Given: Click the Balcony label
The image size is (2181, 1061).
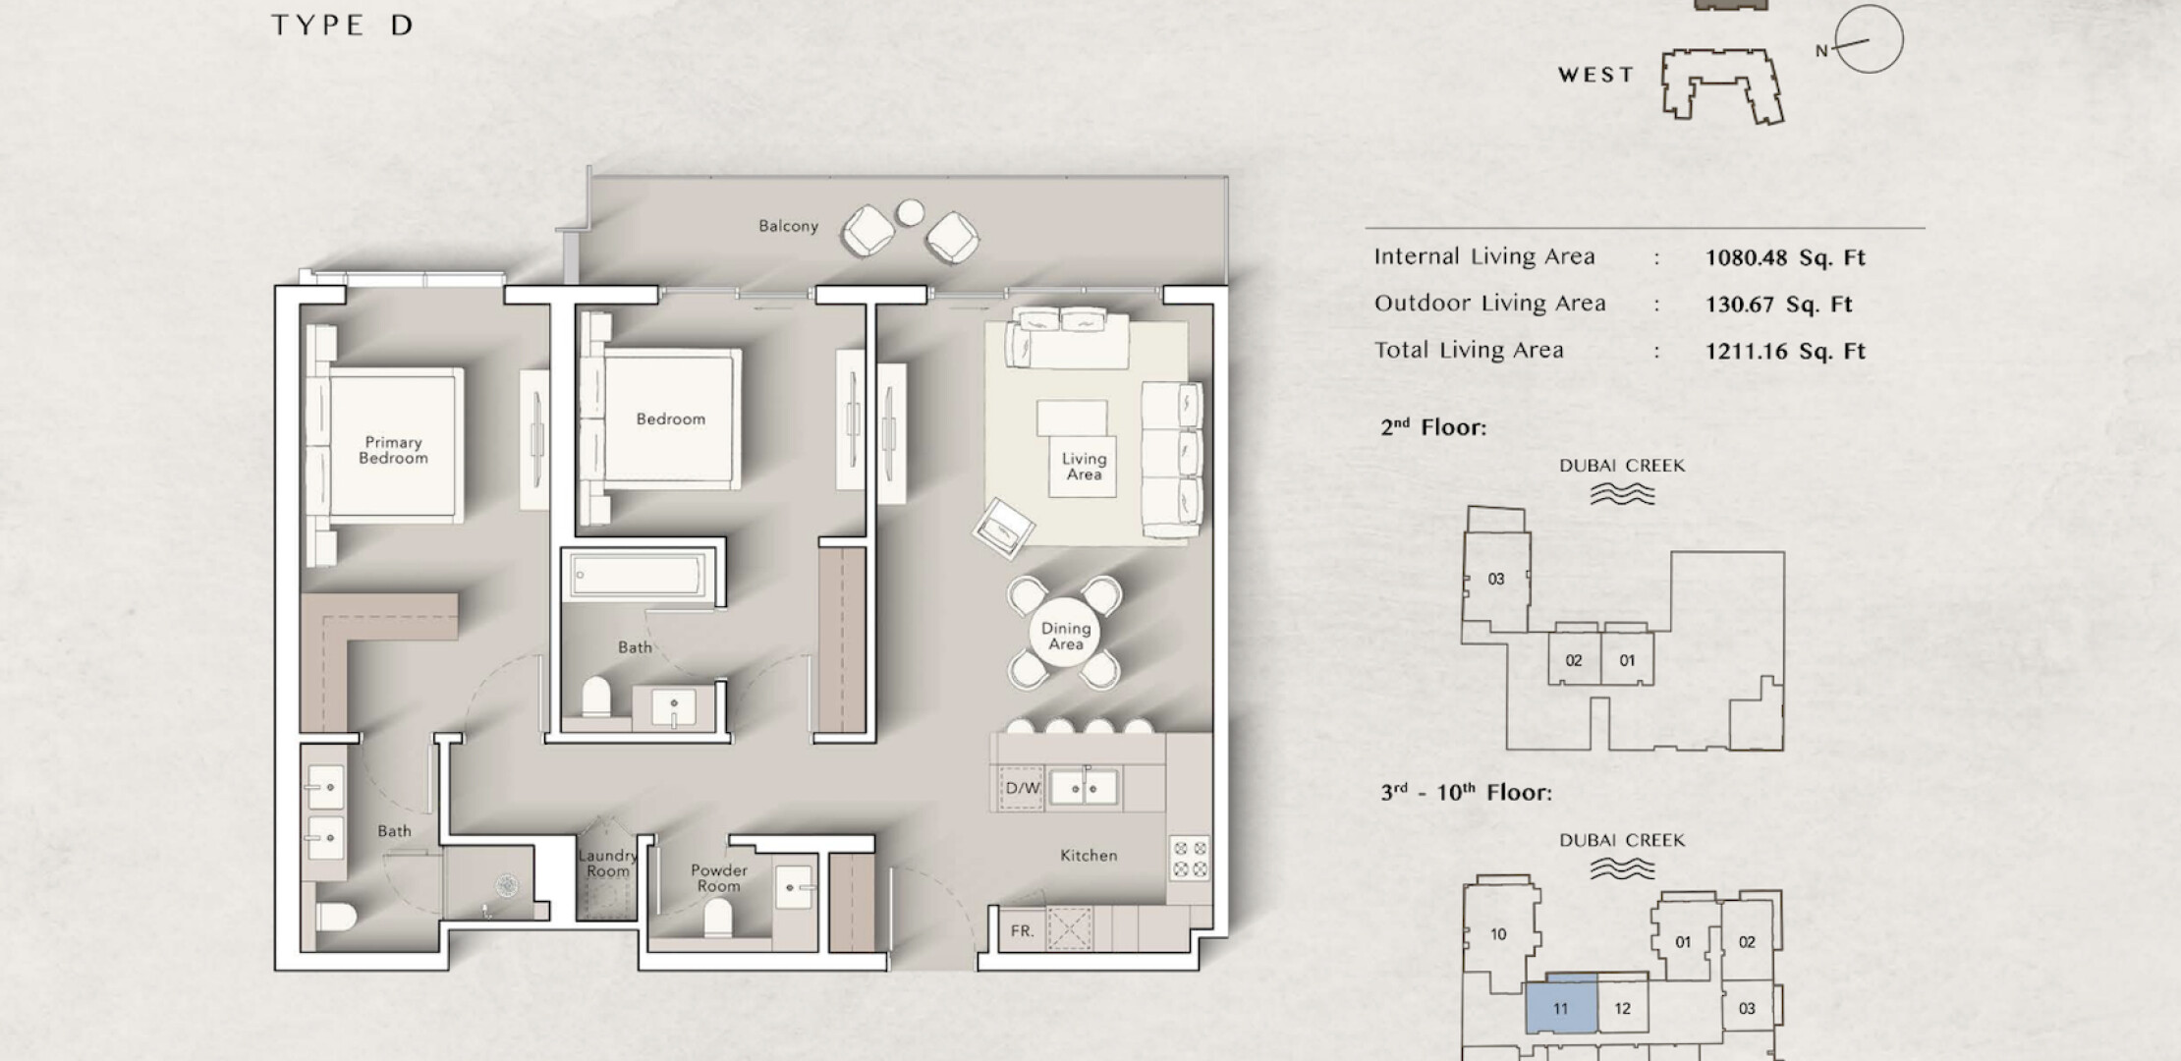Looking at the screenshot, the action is pyautogui.click(x=788, y=226).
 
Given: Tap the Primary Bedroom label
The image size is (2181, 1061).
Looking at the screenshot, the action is pyautogui.click(x=393, y=450).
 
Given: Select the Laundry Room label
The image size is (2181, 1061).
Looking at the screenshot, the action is pyautogui.click(x=607, y=864).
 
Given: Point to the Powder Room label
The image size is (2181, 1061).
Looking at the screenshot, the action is pyautogui.click(x=719, y=878).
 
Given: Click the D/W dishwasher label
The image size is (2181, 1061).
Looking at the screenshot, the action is pyautogui.click(x=1023, y=788).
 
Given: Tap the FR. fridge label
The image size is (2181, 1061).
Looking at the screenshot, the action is pyautogui.click(x=1023, y=930).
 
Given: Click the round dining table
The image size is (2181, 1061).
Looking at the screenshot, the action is pyautogui.click(x=1066, y=636).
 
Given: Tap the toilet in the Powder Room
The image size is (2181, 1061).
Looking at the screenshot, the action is pyautogui.click(x=718, y=920).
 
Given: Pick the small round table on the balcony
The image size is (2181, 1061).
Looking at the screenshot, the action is pyautogui.click(x=911, y=212).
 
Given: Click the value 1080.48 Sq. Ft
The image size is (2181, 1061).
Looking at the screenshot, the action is pyautogui.click(x=1785, y=258).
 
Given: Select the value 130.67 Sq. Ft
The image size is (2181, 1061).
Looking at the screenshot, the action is pyautogui.click(x=1779, y=305).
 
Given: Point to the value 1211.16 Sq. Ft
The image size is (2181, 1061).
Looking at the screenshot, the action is pyautogui.click(x=1785, y=352).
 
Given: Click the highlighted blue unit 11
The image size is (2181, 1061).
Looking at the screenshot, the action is pyautogui.click(x=1560, y=1006).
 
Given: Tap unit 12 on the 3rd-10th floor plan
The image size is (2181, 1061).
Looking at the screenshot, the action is pyautogui.click(x=1622, y=1008).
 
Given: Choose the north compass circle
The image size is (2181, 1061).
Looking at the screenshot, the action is pyautogui.click(x=1869, y=39).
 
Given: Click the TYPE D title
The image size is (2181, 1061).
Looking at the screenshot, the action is pyautogui.click(x=342, y=26).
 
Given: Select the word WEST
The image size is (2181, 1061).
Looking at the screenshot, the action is pyautogui.click(x=1596, y=75).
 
